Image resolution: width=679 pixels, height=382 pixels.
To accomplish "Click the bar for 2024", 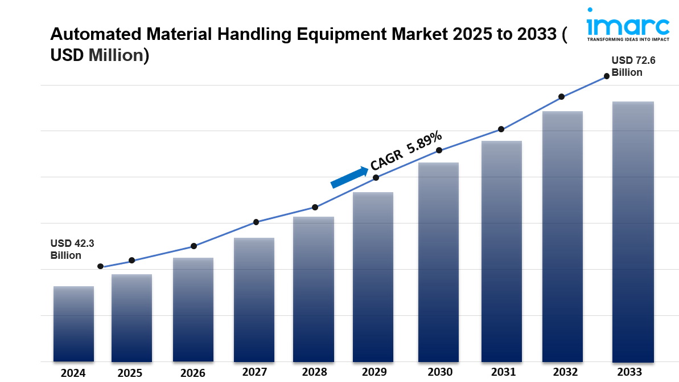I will click(x=73, y=323).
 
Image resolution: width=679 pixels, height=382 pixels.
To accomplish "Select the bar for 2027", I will click(x=254, y=299).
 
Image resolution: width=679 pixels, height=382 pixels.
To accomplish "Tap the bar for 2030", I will click(x=438, y=262).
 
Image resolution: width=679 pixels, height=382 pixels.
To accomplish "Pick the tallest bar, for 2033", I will click(x=633, y=231).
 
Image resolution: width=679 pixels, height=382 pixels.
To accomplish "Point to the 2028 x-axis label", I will click(x=314, y=372).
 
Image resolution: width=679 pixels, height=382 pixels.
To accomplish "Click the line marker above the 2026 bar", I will click(x=194, y=246).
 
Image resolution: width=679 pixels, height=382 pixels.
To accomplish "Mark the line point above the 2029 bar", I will click(x=376, y=178).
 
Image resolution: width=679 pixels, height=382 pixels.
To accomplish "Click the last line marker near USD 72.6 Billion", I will click(x=607, y=76).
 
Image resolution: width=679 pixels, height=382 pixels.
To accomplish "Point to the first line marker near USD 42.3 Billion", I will click(x=101, y=266).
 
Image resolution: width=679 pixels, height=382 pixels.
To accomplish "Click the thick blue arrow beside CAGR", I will click(x=349, y=177).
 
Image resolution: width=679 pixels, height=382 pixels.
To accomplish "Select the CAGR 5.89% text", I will click(x=406, y=150).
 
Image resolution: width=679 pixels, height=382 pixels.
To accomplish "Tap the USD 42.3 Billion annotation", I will click(x=72, y=249).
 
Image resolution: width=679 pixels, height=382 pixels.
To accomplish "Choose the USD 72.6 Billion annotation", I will click(x=633, y=66).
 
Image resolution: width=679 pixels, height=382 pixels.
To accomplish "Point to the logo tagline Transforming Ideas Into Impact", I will click(x=628, y=39).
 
